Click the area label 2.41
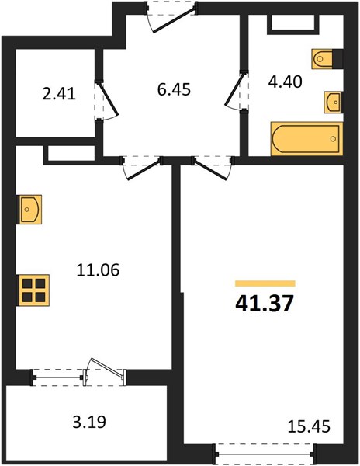point(59,94)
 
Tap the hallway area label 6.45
point(174,89)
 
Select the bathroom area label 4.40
point(286,82)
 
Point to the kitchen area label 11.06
point(98,270)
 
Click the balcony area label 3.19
point(89,422)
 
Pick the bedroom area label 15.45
point(309,426)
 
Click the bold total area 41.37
point(265,304)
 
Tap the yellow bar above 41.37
point(265,283)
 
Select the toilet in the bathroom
point(327,59)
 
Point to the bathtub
point(307,139)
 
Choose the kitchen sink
point(29,209)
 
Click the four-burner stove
point(33,290)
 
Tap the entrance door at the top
point(171,17)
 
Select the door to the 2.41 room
point(107,100)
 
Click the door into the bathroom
point(236,91)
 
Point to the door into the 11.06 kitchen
point(141,167)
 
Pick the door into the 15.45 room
point(212,167)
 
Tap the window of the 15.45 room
point(265,454)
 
